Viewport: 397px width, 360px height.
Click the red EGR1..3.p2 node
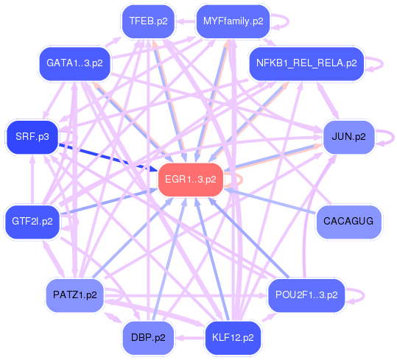191,180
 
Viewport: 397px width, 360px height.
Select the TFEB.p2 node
148,21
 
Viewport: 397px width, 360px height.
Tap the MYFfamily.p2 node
233,21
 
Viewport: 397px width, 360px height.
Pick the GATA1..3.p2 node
74,63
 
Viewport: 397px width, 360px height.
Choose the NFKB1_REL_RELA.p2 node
306,63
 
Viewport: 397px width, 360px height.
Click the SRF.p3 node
32,137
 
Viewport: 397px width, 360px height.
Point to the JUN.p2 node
348,137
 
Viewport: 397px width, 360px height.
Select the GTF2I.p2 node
32,222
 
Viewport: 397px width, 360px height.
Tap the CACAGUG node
348,222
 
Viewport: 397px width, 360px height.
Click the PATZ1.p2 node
74,295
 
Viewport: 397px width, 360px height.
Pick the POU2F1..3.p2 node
306,295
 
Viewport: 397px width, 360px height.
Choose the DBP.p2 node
148,338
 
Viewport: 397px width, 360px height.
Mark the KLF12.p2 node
233,338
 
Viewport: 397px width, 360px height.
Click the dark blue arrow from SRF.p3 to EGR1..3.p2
108,158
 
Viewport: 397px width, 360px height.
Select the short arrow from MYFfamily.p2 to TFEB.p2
186,21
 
